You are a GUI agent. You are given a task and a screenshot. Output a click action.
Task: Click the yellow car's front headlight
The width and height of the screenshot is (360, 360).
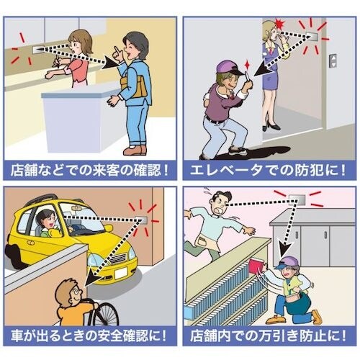tap(123, 255)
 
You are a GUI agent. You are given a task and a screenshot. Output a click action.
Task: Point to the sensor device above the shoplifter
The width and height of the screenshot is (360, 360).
tap(295, 198)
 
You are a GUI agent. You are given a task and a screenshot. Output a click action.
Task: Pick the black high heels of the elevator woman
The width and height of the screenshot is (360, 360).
tap(272, 127)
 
